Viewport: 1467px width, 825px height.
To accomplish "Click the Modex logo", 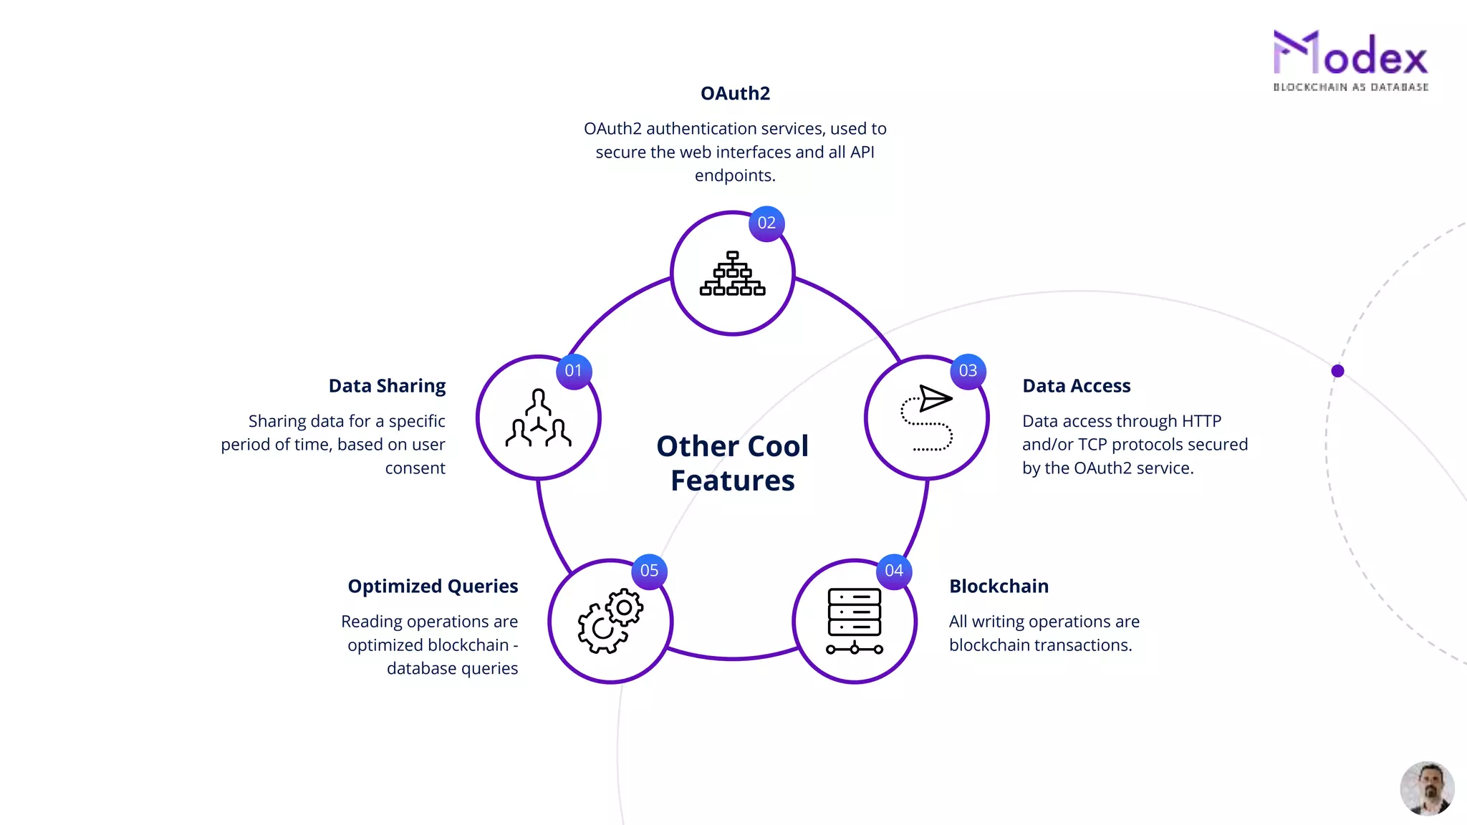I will [1350, 61].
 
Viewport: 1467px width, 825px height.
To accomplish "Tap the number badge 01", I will [574, 371].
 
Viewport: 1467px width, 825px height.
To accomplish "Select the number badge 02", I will [766, 223].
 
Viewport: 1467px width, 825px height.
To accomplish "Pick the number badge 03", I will [968, 371].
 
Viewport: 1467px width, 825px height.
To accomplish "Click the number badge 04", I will [894, 571].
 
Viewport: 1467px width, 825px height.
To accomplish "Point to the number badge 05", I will [650, 571].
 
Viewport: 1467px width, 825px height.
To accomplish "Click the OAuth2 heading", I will [735, 94].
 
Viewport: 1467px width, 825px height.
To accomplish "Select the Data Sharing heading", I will [387, 386].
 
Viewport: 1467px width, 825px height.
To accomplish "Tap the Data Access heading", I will [1076, 386].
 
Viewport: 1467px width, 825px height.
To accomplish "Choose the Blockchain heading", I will [999, 587].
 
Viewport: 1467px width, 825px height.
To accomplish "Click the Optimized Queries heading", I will [433, 587].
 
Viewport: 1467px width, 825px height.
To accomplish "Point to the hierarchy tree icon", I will [732, 274].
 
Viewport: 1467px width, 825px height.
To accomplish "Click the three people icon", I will [538, 418].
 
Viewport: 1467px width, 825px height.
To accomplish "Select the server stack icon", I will [854, 621].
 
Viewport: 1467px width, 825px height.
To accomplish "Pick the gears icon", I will [610, 621].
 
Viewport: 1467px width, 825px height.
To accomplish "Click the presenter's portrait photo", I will [1427, 788].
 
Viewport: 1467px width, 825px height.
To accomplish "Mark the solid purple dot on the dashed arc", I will [1337, 371].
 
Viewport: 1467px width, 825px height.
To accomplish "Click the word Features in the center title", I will [732, 481].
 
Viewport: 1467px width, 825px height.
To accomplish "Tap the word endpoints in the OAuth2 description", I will [734, 176].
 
